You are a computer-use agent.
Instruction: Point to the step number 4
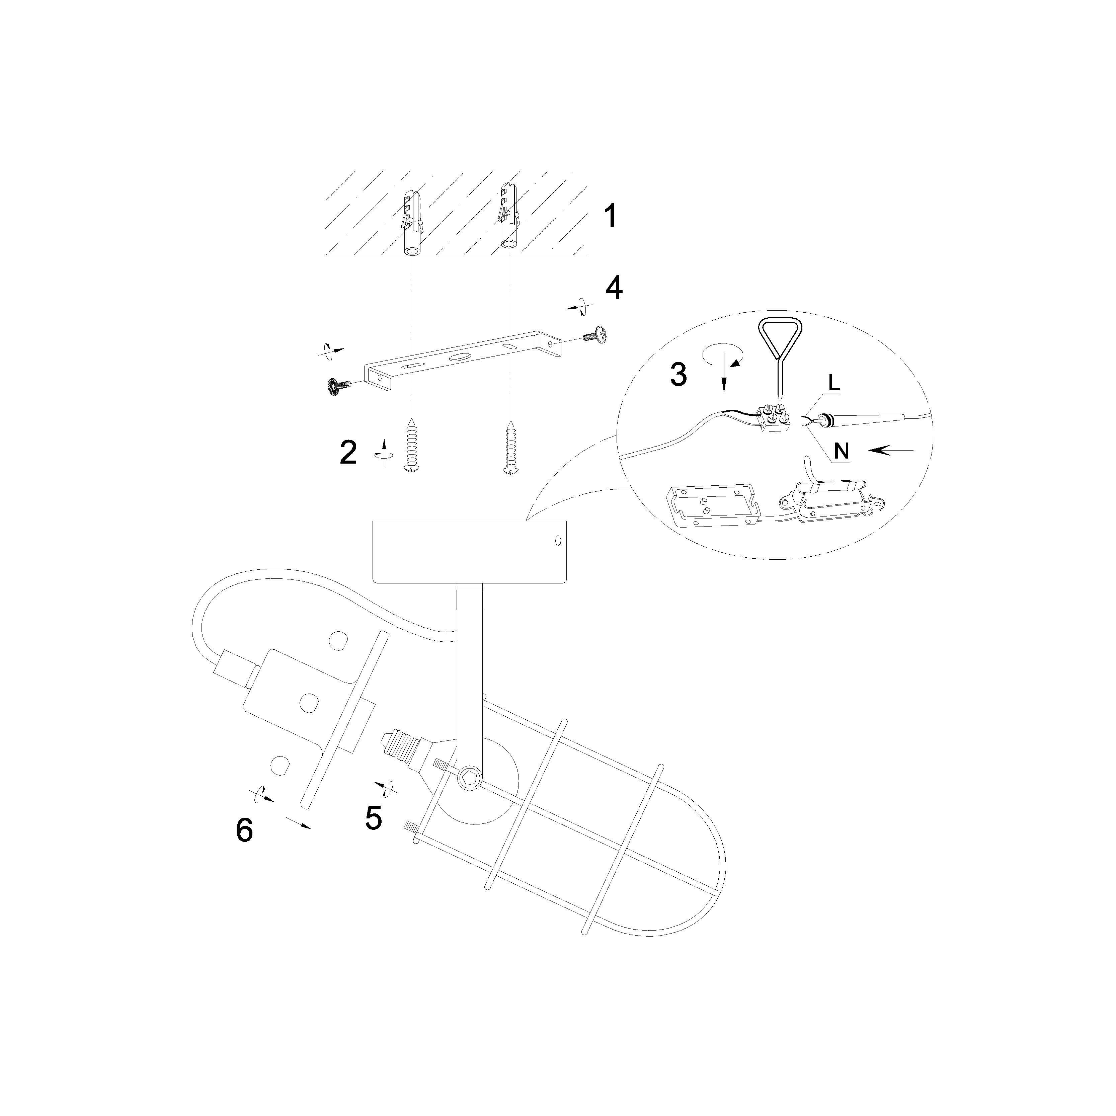coord(614,287)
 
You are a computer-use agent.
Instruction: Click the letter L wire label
coord(833,382)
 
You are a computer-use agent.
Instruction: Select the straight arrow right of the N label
coord(891,450)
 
